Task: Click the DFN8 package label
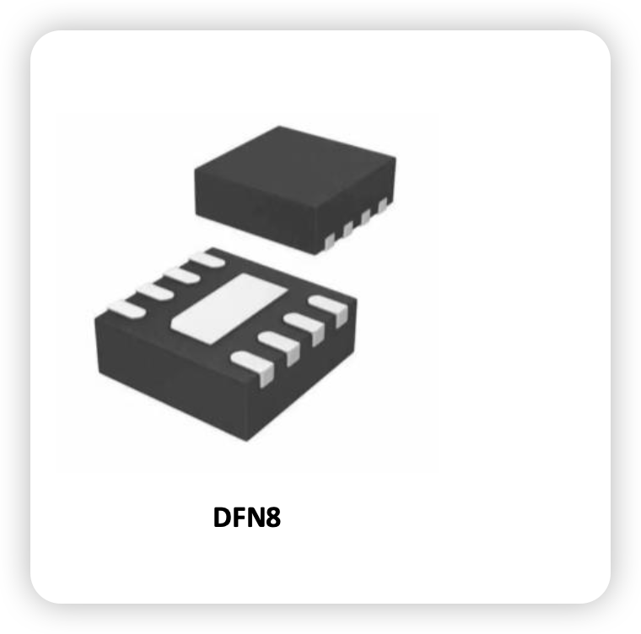[x=247, y=517]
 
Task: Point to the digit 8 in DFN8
[x=273, y=517]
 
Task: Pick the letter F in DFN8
[x=239, y=517]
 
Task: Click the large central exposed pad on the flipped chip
[x=229, y=309]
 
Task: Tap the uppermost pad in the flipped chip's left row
[x=208, y=259]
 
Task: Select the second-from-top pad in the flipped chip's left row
[x=181, y=275]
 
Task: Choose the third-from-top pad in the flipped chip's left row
[x=154, y=292]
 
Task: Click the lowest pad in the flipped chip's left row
[x=127, y=309]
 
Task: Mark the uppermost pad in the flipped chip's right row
[x=330, y=309]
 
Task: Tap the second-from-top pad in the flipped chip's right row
[x=305, y=327]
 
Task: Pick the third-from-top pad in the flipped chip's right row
[x=280, y=347]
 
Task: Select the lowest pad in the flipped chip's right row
[x=254, y=367]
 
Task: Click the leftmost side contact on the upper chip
[x=330, y=242]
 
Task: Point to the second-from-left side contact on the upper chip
[x=347, y=229]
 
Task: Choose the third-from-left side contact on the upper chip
[x=365, y=217]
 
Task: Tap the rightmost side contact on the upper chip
[x=383, y=205]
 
